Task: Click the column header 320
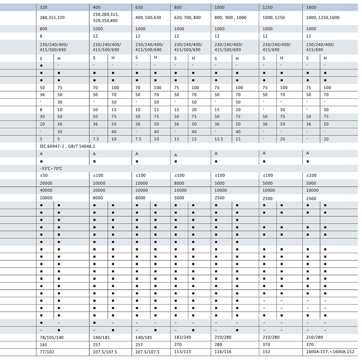43,7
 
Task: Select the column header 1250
268,7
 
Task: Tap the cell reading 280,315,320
52,18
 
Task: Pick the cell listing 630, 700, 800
187,18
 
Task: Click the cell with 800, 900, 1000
230,18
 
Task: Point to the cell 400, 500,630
148,18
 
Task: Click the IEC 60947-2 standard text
68,146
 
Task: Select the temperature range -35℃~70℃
51,168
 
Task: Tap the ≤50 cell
44,175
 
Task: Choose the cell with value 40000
46,190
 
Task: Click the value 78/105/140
52,337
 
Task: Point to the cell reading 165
43,344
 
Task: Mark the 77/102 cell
47,352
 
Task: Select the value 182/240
183,337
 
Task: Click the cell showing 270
178,344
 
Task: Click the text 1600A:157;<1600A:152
330,352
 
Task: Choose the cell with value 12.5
219,139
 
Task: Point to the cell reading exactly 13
176,139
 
